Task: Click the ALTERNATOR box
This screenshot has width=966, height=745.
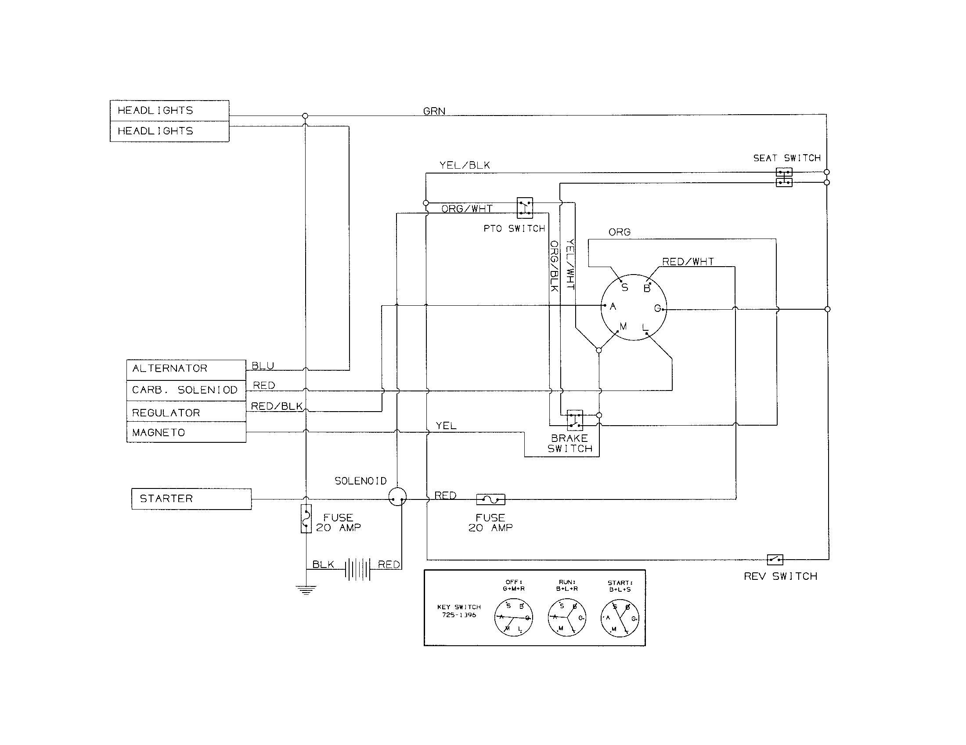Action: [186, 369]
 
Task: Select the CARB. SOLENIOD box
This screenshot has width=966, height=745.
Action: [186, 390]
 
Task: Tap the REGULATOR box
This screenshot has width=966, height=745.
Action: [186, 412]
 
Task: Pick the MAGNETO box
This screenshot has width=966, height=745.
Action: [186, 432]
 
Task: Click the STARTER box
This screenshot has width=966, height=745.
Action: [191, 499]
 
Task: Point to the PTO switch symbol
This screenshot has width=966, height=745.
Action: [525, 208]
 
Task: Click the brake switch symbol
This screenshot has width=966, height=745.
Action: [575, 420]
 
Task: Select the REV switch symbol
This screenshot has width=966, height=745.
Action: [775, 560]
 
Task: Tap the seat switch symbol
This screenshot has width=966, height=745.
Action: [784, 177]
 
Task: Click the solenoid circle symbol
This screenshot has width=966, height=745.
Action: [397, 497]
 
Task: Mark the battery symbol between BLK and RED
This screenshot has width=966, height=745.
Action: [357, 569]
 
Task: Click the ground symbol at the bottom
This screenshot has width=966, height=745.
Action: [306, 589]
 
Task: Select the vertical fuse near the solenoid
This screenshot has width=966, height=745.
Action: [306, 518]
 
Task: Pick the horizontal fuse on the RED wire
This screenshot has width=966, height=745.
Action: [490, 499]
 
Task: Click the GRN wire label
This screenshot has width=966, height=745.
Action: [434, 111]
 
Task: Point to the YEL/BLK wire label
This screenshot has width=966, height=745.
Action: [465, 166]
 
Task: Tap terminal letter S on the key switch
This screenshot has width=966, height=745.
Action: [624, 288]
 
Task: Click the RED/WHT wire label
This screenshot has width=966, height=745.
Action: [688, 261]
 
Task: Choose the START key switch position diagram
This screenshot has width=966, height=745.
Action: [620, 618]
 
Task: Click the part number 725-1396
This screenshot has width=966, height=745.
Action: [459, 615]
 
